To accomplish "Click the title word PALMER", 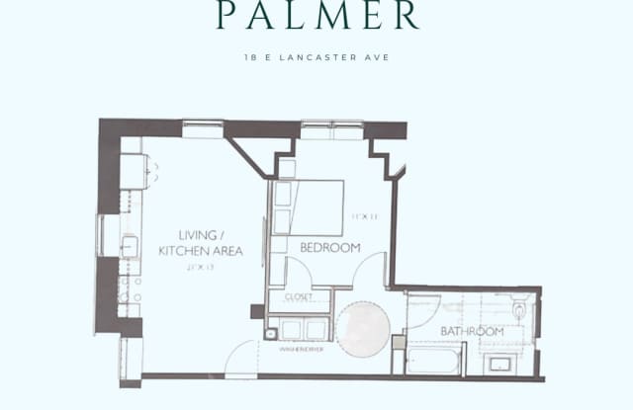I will point(316,17).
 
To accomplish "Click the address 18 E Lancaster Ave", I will point(316,57).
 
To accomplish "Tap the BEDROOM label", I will point(329,247).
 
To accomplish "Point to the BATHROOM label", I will point(472,331).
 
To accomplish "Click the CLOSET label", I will point(300,294).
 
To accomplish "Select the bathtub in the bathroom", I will point(433,360).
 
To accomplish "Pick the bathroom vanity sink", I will point(500,363).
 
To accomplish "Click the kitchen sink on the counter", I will point(129,247).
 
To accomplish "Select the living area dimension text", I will point(200,267).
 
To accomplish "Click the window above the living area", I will point(203,128).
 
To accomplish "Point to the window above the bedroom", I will point(332,129).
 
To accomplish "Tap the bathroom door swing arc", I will point(422,311).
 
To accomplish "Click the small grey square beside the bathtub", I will point(398,342).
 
